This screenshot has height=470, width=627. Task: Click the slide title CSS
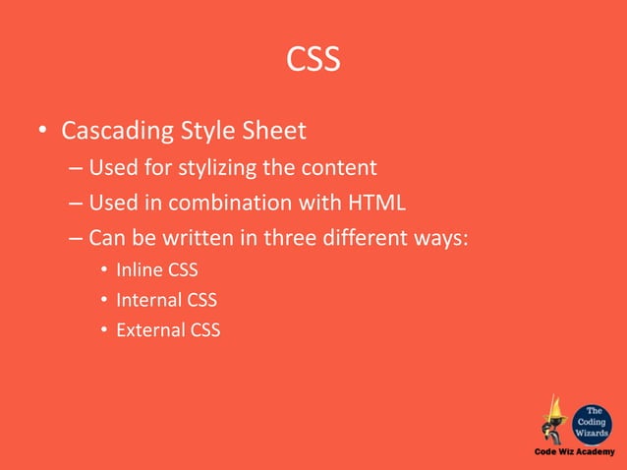tap(313, 61)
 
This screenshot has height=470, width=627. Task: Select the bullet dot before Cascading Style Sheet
tap(41, 132)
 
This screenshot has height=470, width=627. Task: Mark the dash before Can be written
tap(76, 239)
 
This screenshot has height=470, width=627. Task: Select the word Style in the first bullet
tap(201, 131)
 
